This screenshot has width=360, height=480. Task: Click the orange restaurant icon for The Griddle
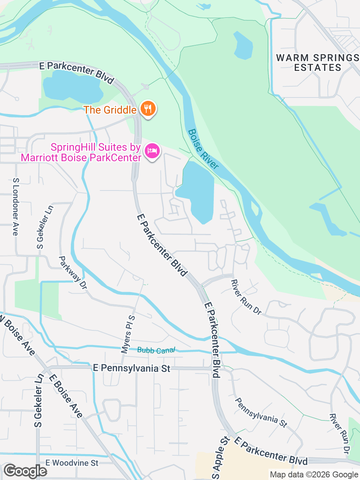(x=148, y=109)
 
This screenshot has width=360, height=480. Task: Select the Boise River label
(x=203, y=149)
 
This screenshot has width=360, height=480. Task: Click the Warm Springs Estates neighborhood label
(x=318, y=63)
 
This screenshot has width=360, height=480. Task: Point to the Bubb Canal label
(x=156, y=350)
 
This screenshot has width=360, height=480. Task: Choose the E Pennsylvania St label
(x=131, y=368)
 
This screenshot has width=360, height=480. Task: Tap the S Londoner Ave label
(x=15, y=207)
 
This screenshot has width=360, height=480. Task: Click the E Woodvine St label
(x=72, y=463)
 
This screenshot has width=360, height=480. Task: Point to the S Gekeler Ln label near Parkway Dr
(x=45, y=227)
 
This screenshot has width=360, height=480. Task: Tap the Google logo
(x=25, y=471)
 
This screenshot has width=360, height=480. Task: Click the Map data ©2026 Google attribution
(x=314, y=475)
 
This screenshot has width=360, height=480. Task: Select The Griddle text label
(x=110, y=110)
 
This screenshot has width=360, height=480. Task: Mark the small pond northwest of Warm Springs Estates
(x=243, y=46)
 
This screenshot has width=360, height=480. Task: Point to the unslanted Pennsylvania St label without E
(x=261, y=412)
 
